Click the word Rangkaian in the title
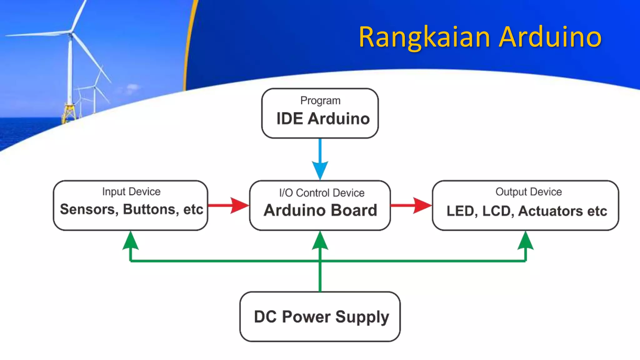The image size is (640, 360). point(424,37)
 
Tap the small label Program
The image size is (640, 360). point(320,101)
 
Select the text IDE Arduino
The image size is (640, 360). point(323,119)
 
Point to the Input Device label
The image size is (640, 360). point(131,192)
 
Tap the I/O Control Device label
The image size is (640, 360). point(322,193)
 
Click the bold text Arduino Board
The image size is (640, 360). point(320,210)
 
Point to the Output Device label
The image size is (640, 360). point(528,192)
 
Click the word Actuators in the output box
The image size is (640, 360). point(550,211)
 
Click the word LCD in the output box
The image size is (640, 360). point(496,211)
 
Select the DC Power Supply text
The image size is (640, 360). point(321,317)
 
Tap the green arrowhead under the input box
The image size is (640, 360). point(131,242)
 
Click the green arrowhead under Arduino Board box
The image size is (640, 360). point(320,242)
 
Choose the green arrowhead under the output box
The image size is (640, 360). point(526,242)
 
